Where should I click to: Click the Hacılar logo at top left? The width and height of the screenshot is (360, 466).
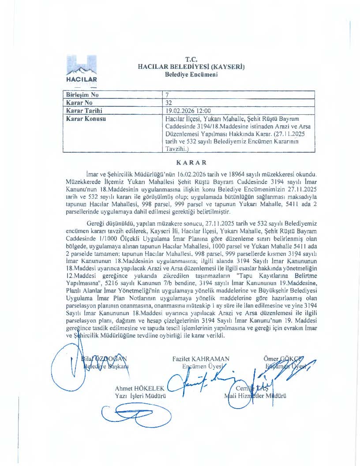point(81,70)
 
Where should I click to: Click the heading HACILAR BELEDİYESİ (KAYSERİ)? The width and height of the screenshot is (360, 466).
point(191,67)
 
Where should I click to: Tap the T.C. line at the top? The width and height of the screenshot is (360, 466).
point(191,60)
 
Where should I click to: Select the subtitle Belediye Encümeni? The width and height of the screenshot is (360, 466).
point(191,75)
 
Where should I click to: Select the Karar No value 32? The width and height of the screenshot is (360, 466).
point(168,102)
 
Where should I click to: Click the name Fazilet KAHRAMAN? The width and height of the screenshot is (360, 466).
point(201,359)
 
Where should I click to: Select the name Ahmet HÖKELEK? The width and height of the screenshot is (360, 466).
point(139,388)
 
